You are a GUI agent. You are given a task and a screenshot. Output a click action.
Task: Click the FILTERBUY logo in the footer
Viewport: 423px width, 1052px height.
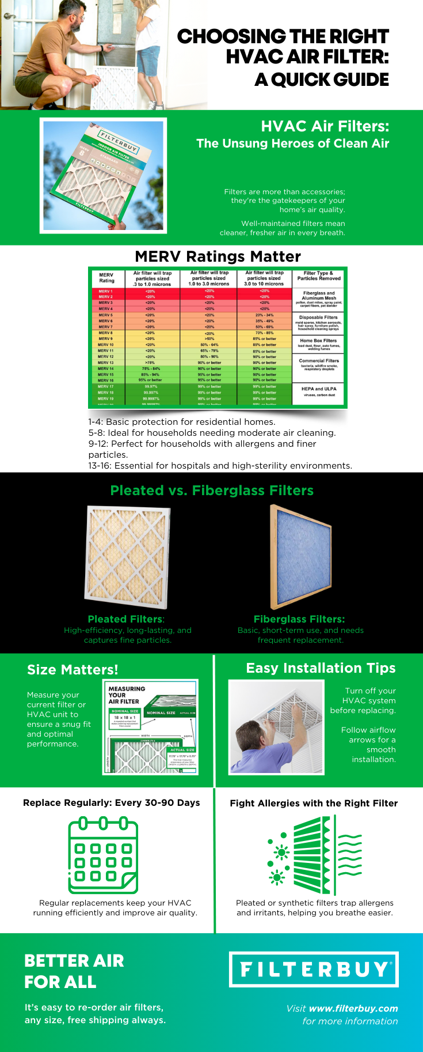tap(314, 969)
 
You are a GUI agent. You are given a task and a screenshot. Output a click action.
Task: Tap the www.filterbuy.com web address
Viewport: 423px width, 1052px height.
tap(353, 1008)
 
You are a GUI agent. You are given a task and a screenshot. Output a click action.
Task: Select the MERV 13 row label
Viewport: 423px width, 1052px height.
tap(106, 363)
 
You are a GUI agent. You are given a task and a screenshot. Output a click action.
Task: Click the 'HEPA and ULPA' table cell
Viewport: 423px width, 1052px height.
tap(319, 391)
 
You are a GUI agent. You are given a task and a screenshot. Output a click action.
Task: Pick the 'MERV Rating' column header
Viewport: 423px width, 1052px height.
tap(106, 278)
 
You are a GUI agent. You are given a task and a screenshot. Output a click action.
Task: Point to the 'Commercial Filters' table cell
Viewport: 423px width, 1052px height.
tap(319, 363)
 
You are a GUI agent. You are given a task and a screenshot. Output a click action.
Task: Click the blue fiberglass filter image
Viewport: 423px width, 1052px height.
tap(300, 557)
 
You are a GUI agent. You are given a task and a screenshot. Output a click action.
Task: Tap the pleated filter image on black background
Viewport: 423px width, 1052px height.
tap(127, 557)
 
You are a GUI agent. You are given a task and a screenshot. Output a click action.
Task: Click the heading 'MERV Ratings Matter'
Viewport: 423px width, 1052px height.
tap(218, 257)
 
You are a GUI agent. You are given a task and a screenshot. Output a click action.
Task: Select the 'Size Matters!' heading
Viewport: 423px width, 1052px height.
tap(73, 669)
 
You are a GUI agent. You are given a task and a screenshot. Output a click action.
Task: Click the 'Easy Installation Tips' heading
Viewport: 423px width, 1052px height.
tap(321, 668)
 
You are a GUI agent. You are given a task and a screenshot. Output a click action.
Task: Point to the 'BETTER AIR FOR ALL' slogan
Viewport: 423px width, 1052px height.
tap(74, 971)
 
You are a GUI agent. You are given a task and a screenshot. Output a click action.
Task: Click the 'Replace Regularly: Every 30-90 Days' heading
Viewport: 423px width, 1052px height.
tap(112, 802)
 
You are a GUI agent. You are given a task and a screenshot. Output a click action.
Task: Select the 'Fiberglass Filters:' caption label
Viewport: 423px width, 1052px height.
tap(299, 619)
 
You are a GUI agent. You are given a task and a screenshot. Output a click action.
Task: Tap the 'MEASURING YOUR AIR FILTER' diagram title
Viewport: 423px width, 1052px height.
tap(127, 695)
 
